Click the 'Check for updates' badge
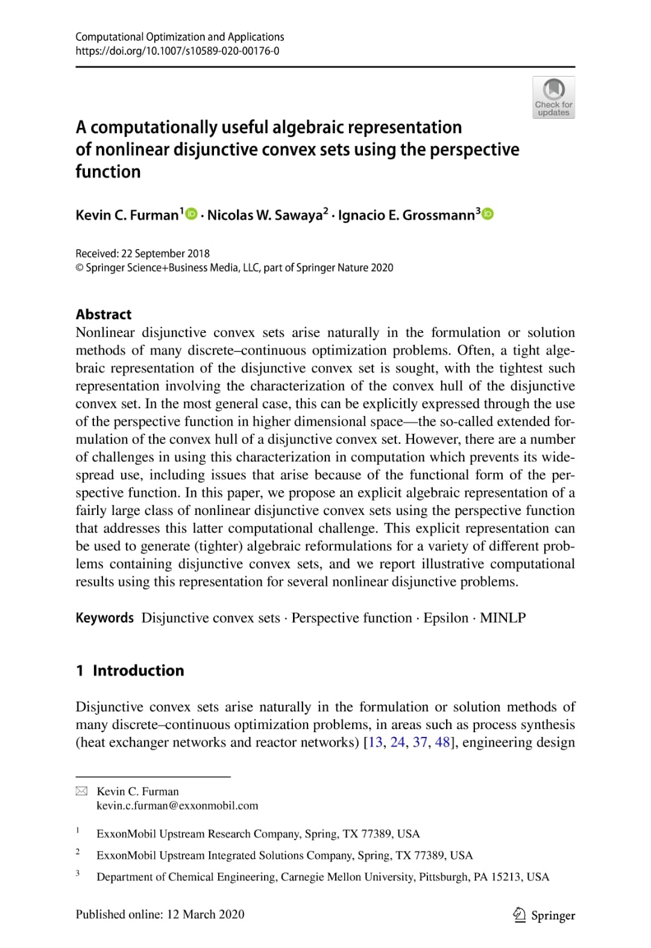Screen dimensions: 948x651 click(553, 97)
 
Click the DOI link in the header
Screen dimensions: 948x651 click(177, 51)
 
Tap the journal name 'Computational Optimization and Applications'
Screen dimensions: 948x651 click(180, 37)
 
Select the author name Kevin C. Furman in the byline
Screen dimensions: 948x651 click(127, 215)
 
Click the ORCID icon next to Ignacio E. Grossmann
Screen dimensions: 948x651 click(488, 213)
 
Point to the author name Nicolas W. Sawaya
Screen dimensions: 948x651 click(265, 215)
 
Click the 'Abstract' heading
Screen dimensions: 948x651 click(103, 314)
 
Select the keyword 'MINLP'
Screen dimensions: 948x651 click(503, 618)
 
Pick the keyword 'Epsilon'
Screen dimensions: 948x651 click(445, 618)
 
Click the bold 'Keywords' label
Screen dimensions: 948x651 click(104, 618)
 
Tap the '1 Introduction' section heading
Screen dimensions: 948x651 click(130, 671)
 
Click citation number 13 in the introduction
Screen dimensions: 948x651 click(375, 742)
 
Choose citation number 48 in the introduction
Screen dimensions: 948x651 click(442, 742)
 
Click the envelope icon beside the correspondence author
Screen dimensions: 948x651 click(81, 791)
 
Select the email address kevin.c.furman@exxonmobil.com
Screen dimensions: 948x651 click(177, 806)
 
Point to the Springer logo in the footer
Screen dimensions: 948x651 click(544, 915)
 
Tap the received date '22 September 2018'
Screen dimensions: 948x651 click(165, 253)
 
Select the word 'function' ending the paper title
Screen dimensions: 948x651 click(108, 172)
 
